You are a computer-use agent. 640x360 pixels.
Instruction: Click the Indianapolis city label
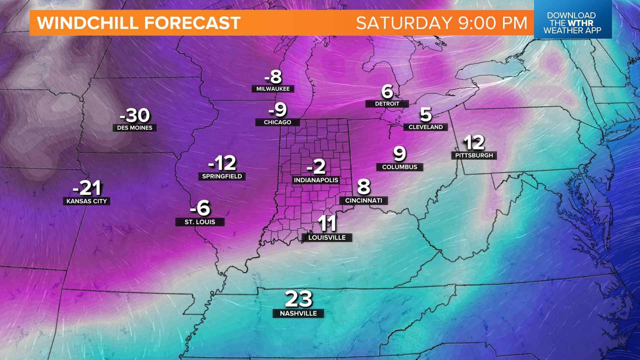316,180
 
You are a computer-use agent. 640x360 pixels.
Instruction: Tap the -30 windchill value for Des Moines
135,116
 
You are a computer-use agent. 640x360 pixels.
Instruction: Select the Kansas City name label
87,201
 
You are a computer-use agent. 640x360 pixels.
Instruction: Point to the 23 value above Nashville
299,299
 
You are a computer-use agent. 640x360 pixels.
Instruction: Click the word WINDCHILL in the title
87,23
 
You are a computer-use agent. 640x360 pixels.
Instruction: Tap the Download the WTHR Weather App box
572,23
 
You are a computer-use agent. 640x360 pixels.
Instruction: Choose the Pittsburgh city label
474,155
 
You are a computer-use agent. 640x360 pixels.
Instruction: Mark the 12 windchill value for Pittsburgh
474,143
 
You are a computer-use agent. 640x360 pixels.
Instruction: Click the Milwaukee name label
273,89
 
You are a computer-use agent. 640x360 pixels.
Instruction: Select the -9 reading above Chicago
278,110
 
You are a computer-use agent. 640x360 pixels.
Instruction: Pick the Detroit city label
387,104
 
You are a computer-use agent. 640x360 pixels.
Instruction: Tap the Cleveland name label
426,127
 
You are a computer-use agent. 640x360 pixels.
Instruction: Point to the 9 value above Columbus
400,154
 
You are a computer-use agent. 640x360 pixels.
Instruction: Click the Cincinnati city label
364,200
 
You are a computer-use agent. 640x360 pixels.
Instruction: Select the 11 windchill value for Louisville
327,223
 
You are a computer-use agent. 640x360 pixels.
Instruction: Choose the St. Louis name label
200,222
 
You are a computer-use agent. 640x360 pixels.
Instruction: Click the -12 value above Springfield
222,163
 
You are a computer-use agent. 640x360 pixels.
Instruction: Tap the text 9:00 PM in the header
493,23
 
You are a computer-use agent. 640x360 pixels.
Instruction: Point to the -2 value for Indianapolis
316,166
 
